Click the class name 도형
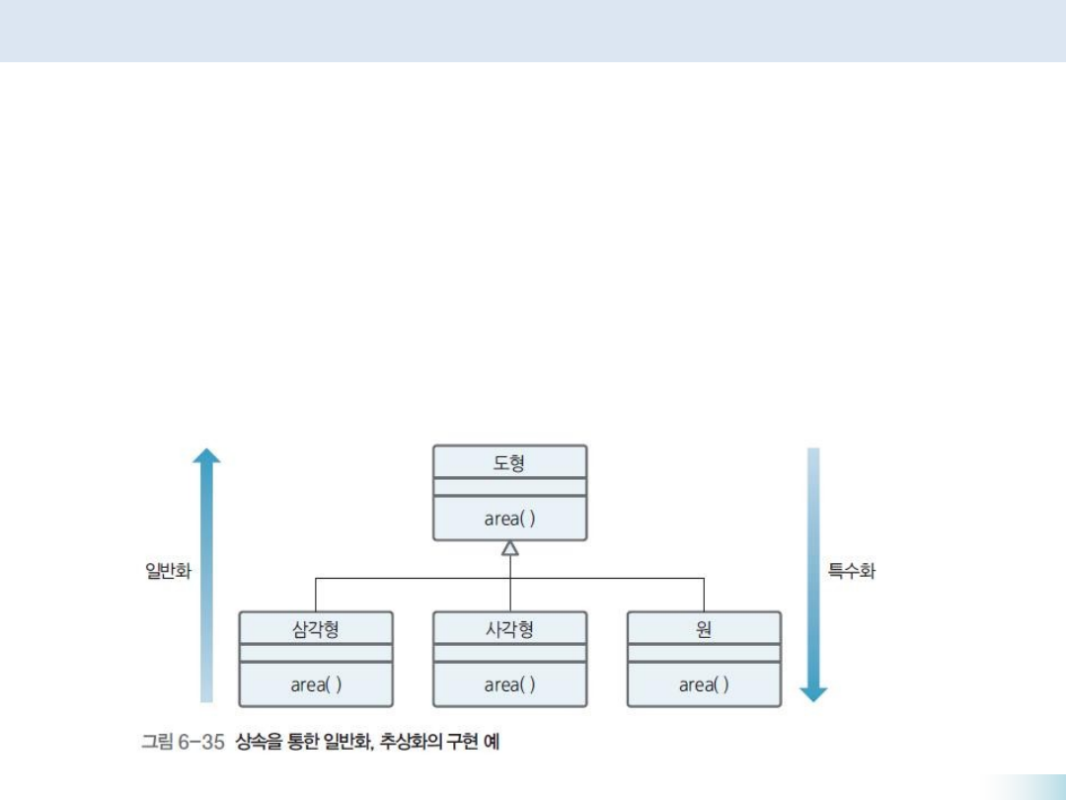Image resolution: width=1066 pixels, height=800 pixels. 509,461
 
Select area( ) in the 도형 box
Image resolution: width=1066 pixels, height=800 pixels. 509,519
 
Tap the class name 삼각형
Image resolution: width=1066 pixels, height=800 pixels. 316,628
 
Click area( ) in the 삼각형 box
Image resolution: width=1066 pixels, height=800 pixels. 316,684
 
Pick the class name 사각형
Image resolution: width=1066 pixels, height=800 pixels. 509,628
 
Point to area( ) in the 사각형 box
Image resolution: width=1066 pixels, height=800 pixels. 509,684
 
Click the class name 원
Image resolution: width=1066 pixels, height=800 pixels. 704,628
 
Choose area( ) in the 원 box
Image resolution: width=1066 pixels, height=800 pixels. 704,684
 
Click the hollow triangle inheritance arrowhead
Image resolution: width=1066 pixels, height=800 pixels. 510,548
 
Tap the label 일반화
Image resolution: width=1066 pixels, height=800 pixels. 167,571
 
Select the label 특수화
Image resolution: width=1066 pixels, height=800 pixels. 851,571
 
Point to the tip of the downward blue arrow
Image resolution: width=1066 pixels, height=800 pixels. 813,698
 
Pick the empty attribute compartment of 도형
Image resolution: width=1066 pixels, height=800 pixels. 509,487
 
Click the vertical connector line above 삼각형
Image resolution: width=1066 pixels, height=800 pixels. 316,595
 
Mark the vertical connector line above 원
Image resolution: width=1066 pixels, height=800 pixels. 704,595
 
